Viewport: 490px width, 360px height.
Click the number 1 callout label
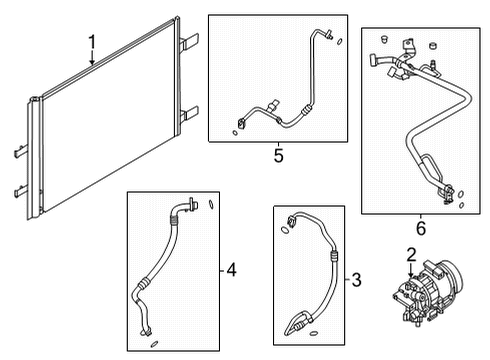pos(91,42)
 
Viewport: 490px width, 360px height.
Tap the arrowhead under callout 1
pos(92,64)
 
